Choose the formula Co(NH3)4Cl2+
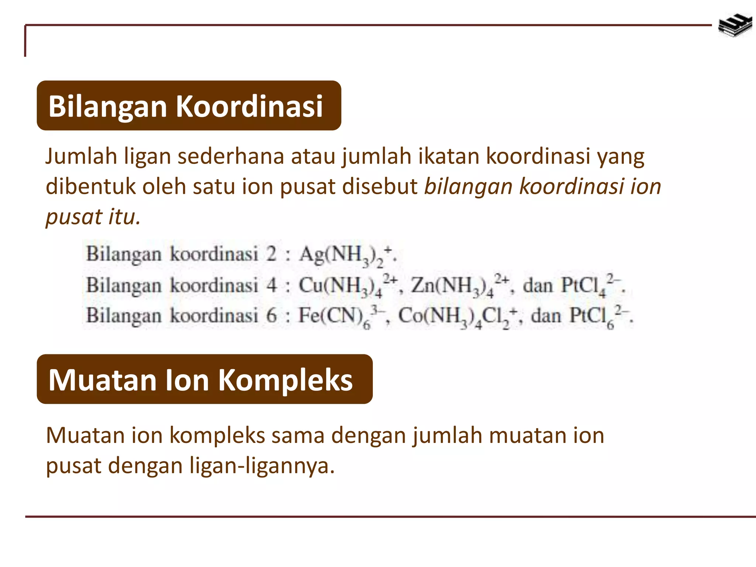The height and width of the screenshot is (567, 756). (459, 317)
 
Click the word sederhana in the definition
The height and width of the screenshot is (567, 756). (231, 157)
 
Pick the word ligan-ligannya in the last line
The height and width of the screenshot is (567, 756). (262, 466)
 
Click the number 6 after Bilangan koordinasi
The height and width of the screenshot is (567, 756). (271, 316)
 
